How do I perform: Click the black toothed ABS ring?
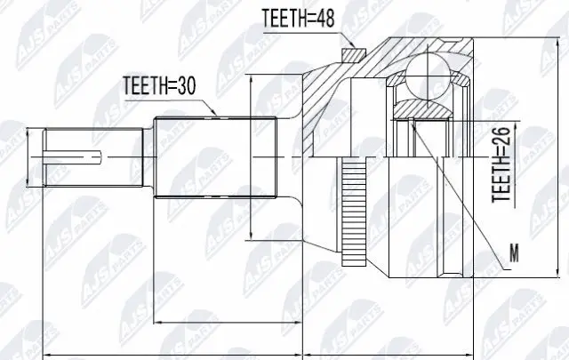358,212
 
